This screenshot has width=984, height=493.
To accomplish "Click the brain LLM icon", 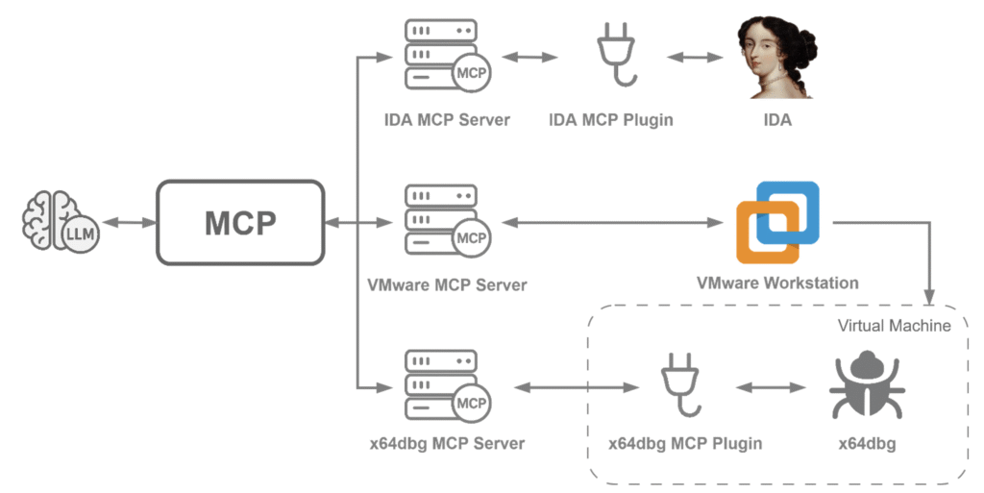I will point(59,223).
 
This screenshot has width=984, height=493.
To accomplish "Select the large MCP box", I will point(239,223).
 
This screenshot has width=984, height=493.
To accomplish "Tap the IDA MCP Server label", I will point(447,120).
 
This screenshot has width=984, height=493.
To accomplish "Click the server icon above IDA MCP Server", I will point(445,57).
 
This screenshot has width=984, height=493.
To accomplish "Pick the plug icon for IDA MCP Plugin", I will point(611,58).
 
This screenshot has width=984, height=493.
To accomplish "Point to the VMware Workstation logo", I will point(777,222).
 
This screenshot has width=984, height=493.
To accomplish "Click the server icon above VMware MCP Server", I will point(445,222).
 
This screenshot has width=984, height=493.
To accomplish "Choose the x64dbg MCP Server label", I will point(447,443).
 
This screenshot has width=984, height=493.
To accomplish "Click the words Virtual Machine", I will point(894,326).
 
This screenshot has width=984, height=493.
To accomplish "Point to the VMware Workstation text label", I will point(777,283).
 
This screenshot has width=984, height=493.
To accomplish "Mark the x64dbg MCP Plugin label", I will point(685,443).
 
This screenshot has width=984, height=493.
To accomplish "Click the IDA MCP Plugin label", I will point(611,120).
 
